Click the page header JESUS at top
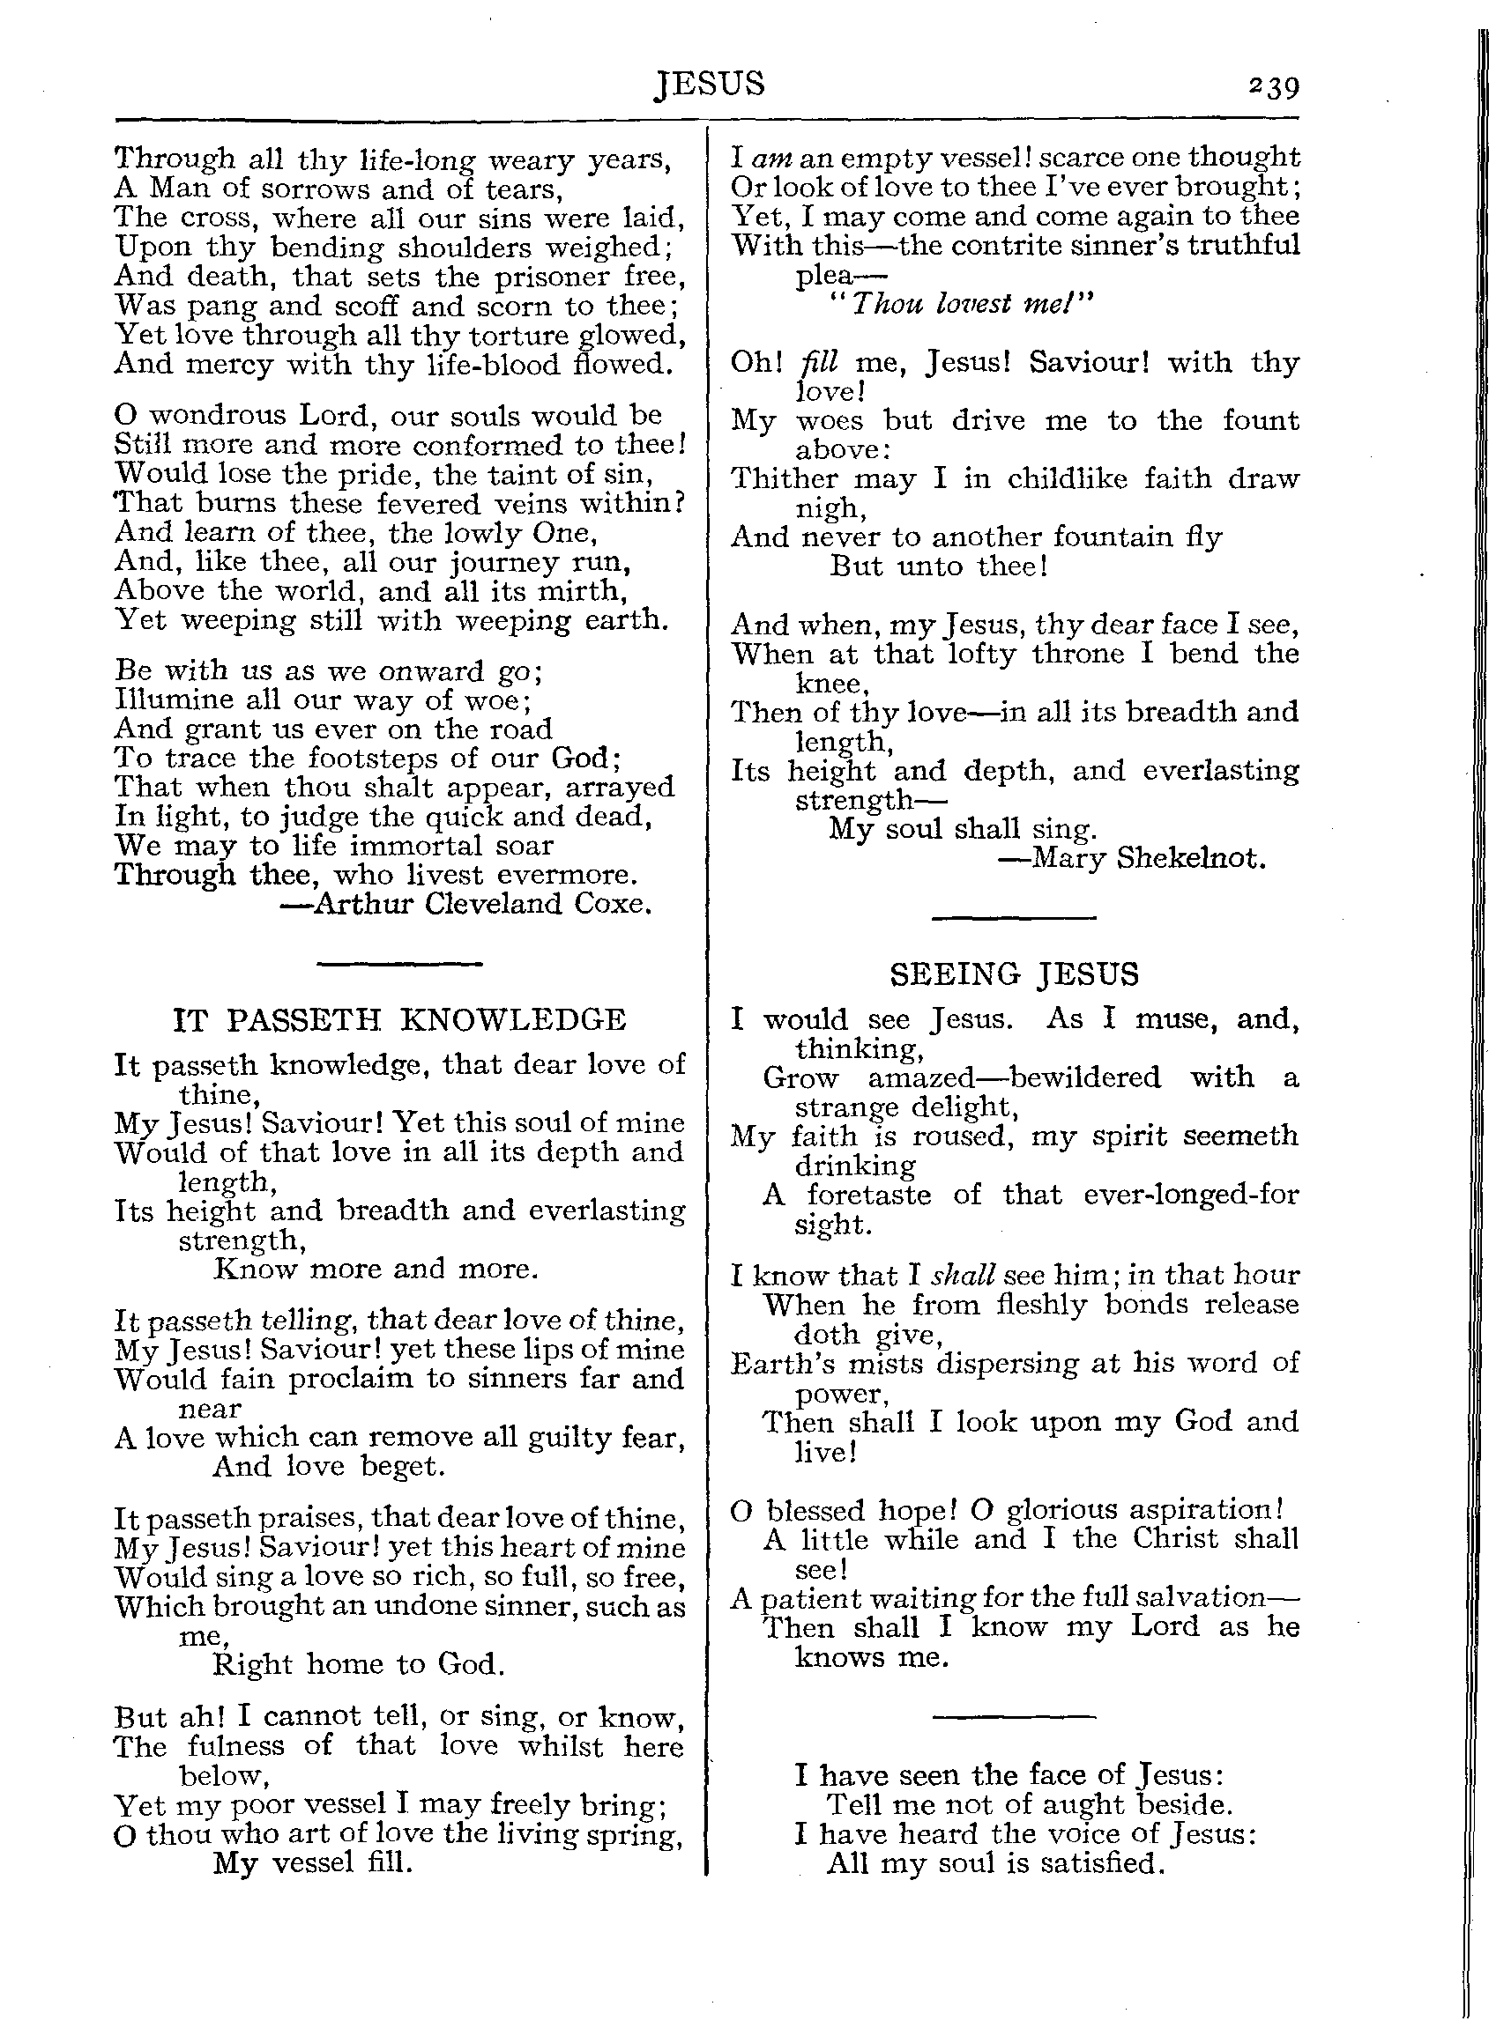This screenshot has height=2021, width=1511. click(x=710, y=84)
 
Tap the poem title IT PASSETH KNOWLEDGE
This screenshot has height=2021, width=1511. click(x=399, y=1019)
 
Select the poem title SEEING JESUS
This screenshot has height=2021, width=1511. click(x=1015, y=975)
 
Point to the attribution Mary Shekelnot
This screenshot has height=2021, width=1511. click(x=1148, y=858)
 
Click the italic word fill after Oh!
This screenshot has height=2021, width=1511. click(x=818, y=363)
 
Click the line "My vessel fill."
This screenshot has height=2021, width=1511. click(x=313, y=1863)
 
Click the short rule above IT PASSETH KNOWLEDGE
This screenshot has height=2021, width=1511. click(x=398, y=962)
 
